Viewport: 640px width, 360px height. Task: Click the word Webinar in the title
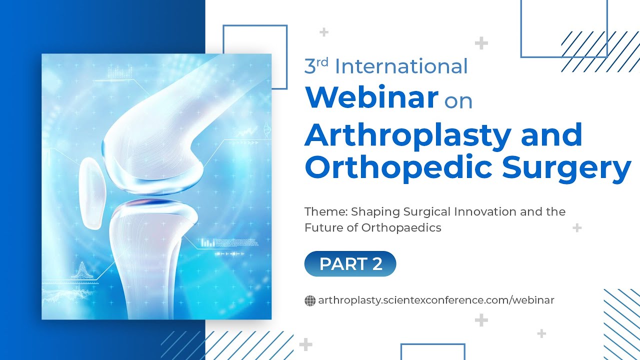[x=371, y=97]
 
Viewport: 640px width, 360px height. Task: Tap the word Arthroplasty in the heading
[x=409, y=135]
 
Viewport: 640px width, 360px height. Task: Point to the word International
[x=401, y=66]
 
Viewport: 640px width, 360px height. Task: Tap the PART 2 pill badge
[x=350, y=264]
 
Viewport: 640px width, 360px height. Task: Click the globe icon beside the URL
[x=310, y=300]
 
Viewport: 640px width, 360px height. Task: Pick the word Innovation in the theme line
[x=484, y=211]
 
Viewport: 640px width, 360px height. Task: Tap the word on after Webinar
[x=458, y=101]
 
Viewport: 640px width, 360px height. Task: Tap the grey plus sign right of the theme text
[x=577, y=228]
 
